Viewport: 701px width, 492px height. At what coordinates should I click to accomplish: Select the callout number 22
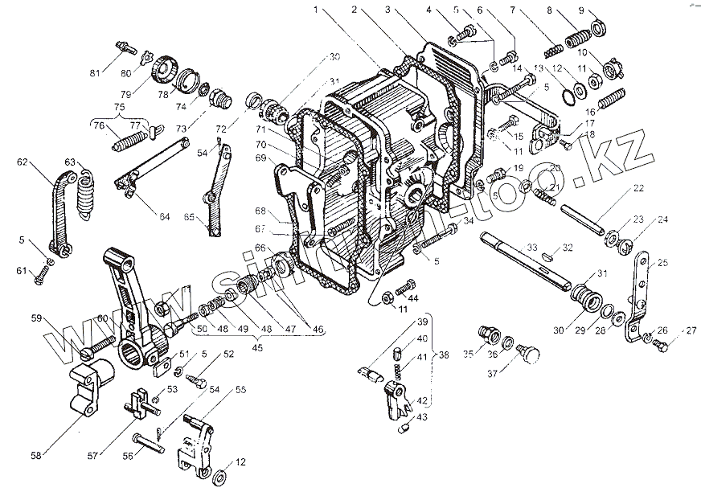click(638, 188)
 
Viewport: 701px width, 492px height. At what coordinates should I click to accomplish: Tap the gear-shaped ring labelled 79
click(163, 72)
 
